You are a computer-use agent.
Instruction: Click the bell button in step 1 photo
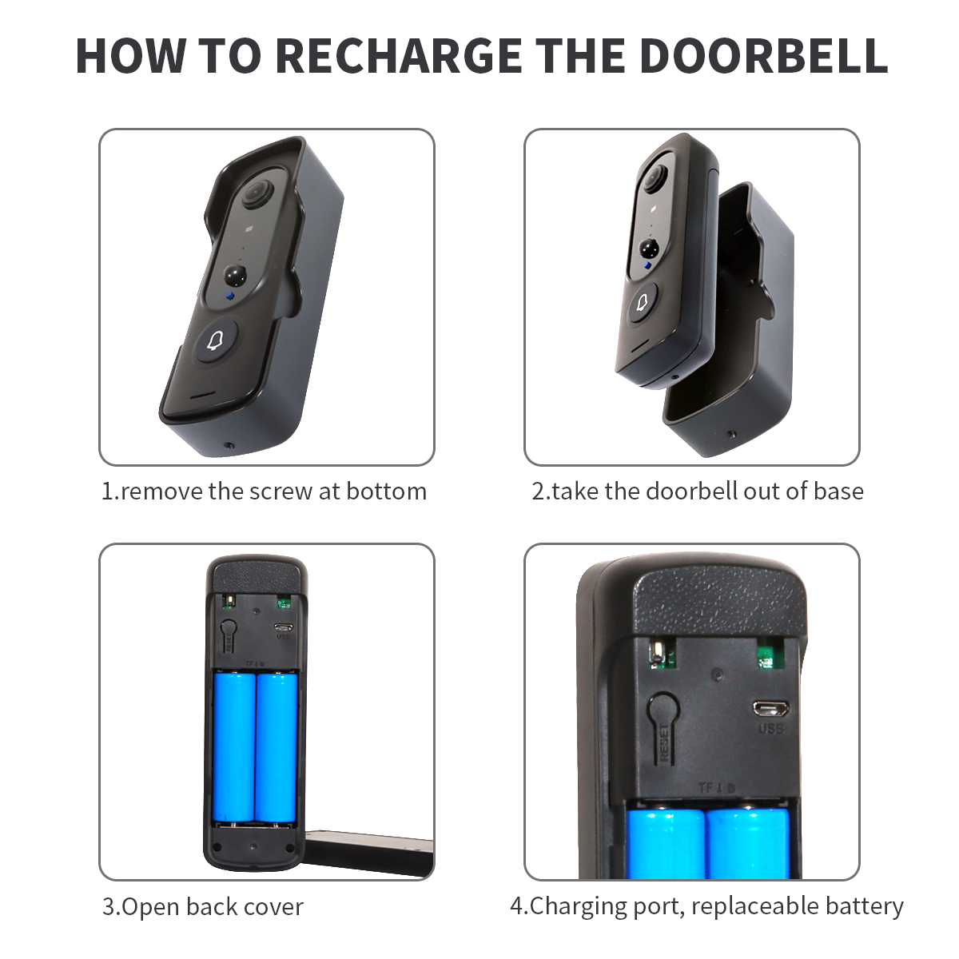point(213,342)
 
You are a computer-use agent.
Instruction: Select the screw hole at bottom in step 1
point(230,446)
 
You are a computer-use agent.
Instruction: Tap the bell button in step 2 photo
point(642,303)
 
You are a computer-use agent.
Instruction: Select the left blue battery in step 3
point(234,747)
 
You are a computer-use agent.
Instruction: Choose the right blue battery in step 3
point(277,747)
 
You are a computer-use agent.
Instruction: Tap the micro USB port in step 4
point(770,709)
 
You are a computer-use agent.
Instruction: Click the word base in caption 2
point(838,491)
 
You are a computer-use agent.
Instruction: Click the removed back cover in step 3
point(368,851)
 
